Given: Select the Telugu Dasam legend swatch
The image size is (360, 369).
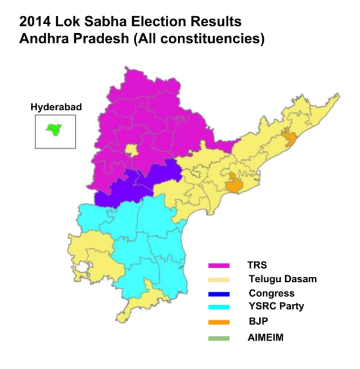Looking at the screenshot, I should tap(219, 280).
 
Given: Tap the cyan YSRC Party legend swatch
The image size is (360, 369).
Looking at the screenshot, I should tap(219, 307).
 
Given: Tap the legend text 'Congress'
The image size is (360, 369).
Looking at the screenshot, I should tap(272, 293).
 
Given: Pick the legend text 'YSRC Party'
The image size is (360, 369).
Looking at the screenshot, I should tap(276, 307).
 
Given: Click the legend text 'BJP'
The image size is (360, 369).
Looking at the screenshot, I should tap(257, 322).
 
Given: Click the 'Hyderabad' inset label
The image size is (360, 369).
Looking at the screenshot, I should tap(56, 107).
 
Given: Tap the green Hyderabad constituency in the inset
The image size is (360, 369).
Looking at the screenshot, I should tap(54, 130).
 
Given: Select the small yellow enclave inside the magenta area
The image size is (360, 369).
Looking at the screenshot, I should tap(131, 150).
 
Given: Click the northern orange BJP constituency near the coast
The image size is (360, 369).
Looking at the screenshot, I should tap(289, 137).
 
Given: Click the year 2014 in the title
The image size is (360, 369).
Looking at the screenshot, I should tap(35, 22).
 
